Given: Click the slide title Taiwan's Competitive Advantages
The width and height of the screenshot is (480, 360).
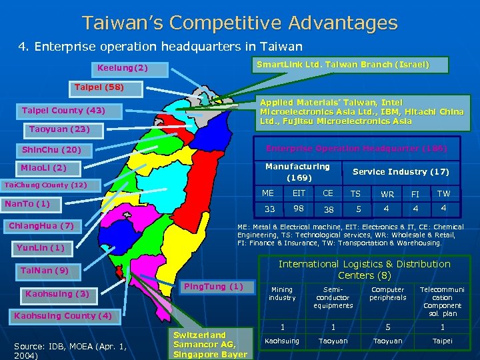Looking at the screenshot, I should point(240,23).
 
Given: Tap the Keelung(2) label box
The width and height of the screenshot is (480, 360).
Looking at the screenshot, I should point(123,69).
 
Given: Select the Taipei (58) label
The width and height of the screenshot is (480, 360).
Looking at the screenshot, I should point(99,87).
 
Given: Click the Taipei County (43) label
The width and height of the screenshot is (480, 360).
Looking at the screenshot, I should point(63,110).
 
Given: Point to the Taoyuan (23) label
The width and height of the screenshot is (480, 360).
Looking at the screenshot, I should point(59,128).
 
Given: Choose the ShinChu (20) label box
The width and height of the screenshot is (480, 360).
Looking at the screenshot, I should point(51,150).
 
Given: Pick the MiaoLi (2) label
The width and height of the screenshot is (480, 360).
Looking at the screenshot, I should point(44,168).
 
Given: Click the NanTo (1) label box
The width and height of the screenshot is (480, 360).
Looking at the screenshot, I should point(27,203).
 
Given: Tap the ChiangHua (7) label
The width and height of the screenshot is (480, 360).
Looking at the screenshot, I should point(41,225).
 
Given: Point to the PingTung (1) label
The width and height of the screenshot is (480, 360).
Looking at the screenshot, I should point(218,287).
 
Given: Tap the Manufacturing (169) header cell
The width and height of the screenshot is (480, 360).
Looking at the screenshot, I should point(297,172).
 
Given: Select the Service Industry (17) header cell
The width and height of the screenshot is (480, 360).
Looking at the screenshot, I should point(401,172).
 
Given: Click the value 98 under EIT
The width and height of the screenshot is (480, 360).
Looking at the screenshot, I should point(299,209).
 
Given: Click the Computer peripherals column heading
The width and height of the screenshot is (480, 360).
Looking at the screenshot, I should point(388,294).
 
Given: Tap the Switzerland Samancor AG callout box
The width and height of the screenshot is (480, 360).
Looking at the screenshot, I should point(210,344).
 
